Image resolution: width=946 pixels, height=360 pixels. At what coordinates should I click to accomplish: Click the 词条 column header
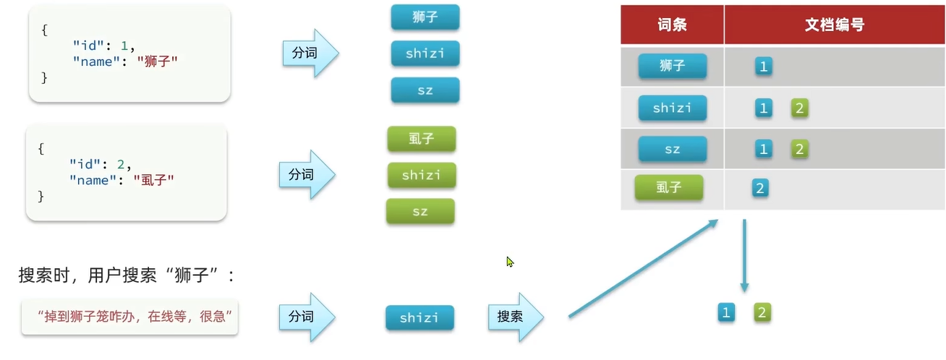coord(672,25)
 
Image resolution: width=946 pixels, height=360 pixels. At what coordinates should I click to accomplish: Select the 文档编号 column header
coord(834,25)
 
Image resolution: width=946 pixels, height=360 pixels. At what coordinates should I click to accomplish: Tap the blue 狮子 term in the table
coord(672,67)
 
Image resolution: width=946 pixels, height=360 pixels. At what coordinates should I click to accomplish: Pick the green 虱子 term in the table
coord(668,188)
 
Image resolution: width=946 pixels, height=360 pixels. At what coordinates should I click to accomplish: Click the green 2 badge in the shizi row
coord(799,108)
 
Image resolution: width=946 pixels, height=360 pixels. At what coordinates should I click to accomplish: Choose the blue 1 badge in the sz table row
coord(763,149)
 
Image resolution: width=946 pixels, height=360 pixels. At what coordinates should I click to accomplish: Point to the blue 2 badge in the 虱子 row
coord(759,189)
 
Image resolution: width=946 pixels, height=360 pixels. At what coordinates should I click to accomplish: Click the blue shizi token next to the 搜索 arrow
coord(419,318)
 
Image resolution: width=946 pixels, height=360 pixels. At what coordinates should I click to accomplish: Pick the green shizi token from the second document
coord(421,175)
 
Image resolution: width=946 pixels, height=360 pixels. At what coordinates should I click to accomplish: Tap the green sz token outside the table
coord(420,211)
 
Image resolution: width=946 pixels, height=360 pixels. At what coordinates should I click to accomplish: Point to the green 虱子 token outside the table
coord(421,139)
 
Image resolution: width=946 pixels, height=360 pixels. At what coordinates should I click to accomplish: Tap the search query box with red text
coord(129,317)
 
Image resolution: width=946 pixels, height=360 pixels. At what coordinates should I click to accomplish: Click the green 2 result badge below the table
coord(762,312)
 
